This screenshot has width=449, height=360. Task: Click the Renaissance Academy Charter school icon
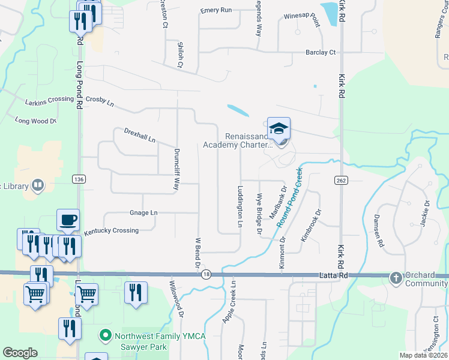pyautogui.click(x=279, y=129)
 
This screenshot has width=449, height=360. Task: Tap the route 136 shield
pyautogui.click(x=78, y=179)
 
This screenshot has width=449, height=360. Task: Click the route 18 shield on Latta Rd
pyautogui.click(x=206, y=274)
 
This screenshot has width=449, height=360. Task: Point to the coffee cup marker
pyautogui.click(x=68, y=220)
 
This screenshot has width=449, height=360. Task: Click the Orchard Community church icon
pyautogui.click(x=396, y=277)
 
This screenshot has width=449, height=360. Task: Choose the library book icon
pyautogui.click(x=38, y=185)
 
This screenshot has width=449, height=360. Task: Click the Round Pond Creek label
pyautogui.click(x=290, y=197)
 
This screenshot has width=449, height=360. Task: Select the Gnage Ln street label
pyautogui.click(x=143, y=212)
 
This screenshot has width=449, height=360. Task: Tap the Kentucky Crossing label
pyautogui.click(x=111, y=230)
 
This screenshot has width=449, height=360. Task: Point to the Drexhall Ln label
pyautogui.click(x=140, y=135)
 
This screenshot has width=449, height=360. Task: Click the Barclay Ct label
pyautogui.click(x=321, y=52)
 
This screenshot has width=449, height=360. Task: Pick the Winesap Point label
pyautogui.click(x=302, y=18)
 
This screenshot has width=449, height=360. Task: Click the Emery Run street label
pyautogui.click(x=216, y=10)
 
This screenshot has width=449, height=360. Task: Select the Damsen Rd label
pyautogui.click(x=378, y=230)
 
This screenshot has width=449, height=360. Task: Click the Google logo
pyautogui.click(x=20, y=353)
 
